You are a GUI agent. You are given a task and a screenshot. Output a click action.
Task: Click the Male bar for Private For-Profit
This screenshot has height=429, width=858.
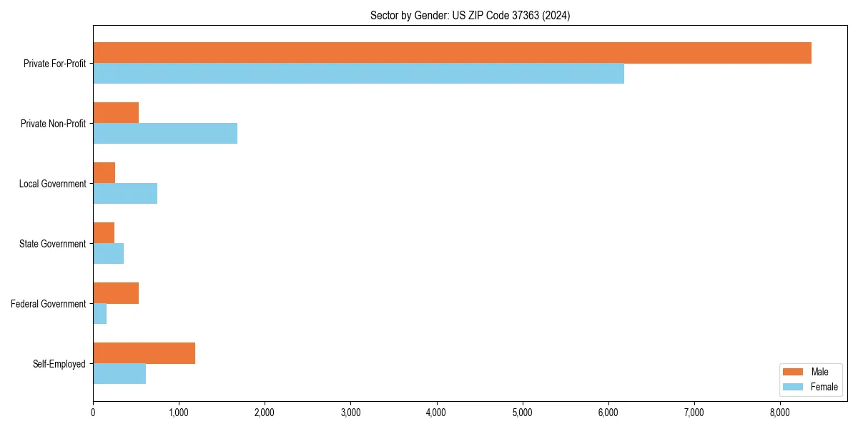pos(452,53)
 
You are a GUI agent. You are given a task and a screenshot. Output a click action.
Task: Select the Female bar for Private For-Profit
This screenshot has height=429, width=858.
pos(358,74)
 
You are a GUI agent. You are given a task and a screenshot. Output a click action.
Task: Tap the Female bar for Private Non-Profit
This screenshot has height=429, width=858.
pos(165,134)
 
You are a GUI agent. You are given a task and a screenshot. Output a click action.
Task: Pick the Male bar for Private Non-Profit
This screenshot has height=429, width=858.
pos(116,113)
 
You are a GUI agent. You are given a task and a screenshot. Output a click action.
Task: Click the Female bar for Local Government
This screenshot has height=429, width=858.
pos(125,194)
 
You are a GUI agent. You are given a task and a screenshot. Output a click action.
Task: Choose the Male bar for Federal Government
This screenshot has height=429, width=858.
pos(116,293)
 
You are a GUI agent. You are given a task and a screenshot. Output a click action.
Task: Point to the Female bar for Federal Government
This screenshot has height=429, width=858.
pos(100,314)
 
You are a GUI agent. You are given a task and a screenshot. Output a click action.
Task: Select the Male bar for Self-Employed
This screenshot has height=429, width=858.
pos(144,353)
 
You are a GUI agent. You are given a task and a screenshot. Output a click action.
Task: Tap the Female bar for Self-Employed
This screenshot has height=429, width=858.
pos(119,374)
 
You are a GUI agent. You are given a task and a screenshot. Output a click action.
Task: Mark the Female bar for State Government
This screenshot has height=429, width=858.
pos(109,254)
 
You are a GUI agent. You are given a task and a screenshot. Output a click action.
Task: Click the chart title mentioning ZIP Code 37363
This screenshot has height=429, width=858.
pos(470,15)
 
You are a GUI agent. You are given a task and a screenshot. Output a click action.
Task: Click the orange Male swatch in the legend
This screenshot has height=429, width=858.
pos(793,372)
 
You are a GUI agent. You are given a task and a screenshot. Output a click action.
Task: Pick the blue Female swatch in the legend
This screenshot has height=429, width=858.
pos(793,387)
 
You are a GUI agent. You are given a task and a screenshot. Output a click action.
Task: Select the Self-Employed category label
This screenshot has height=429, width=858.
pos(59,364)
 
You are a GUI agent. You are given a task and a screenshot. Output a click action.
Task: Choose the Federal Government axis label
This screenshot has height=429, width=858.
pos(49,304)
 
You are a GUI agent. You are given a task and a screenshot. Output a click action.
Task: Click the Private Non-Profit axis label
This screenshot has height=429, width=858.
pos(53,124)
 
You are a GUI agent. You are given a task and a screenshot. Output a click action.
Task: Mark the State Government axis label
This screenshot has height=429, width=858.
pos(52,244)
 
